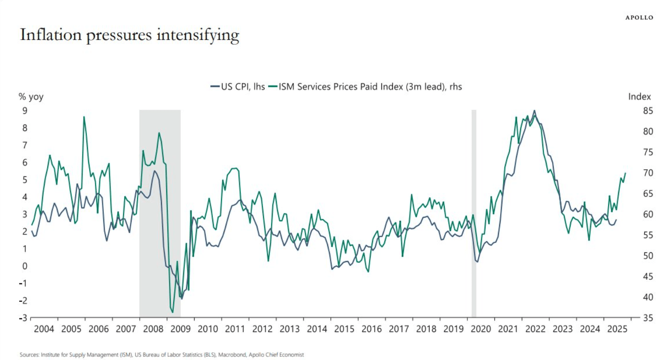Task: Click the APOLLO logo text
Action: coord(639,18)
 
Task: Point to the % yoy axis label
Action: coord(31,97)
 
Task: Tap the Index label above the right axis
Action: coord(639,97)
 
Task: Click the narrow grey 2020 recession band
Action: coord(474,213)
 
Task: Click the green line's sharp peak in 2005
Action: coord(84,117)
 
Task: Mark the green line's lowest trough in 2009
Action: coord(172,313)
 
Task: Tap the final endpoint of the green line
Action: coord(625,173)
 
